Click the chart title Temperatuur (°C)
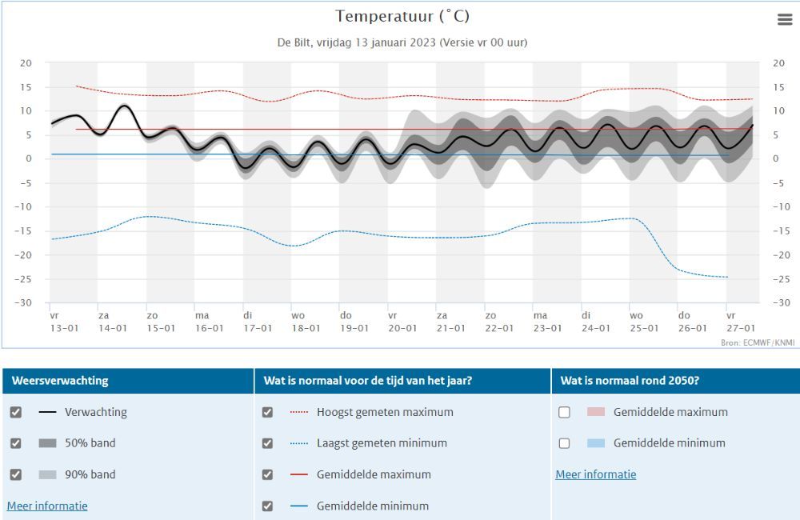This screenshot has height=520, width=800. (x=402, y=17)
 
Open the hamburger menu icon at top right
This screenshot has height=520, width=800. (x=785, y=20)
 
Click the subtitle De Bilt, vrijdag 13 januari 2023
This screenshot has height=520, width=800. (x=402, y=42)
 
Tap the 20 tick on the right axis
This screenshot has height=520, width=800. (x=779, y=63)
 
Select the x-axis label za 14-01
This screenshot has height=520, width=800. (x=112, y=322)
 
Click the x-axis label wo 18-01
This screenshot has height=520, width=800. (x=305, y=322)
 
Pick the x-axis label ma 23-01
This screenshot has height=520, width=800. (x=547, y=322)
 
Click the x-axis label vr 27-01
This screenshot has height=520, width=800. (x=740, y=322)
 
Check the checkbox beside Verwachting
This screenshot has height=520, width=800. (x=16, y=413)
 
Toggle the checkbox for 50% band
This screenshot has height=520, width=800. (x=16, y=443)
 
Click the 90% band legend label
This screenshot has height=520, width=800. (x=90, y=474)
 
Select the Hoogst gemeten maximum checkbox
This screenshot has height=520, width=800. (x=267, y=413)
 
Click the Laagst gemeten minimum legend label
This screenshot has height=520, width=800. (x=382, y=443)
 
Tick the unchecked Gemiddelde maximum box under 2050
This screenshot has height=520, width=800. (x=564, y=413)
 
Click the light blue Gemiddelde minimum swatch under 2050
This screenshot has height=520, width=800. (x=596, y=443)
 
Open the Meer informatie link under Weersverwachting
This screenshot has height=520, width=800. (x=47, y=506)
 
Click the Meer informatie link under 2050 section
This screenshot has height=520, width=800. (x=596, y=474)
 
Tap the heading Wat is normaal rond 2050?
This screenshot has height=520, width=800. (x=631, y=381)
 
